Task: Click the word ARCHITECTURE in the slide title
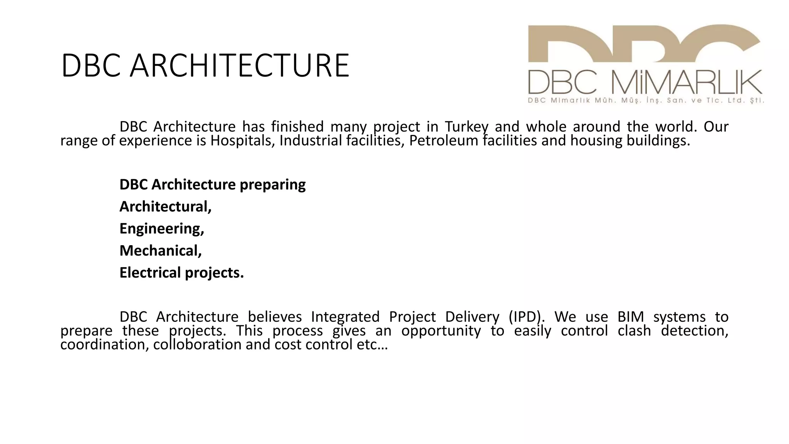coord(239,66)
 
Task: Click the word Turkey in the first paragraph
coord(467,126)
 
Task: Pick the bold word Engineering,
coord(162,229)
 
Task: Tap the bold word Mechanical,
coord(161,251)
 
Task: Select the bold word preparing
coord(273,185)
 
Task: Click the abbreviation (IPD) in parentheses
coord(527,317)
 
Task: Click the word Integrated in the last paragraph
coord(345,317)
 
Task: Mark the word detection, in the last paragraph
coord(695,331)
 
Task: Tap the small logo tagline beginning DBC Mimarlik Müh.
coord(646,101)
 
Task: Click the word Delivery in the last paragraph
coord(472,317)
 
